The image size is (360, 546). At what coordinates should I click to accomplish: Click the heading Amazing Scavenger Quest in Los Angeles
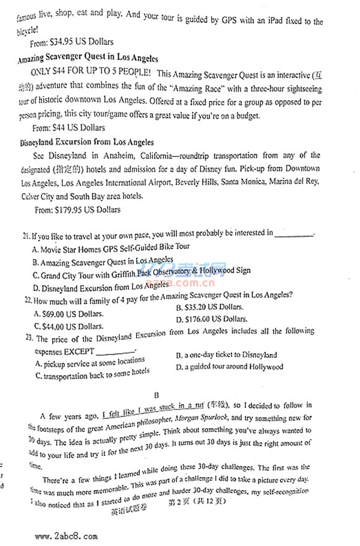pyautogui.click(x=88, y=59)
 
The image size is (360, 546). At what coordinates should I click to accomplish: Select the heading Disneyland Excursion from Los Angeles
pyautogui.click(x=86, y=143)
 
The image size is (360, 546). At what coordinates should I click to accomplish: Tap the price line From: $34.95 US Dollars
pyautogui.click(x=72, y=42)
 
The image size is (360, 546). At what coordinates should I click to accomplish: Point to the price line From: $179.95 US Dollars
pyautogui.click(x=77, y=210)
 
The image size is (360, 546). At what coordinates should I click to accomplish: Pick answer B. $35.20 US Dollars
pyautogui.click(x=211, y=307)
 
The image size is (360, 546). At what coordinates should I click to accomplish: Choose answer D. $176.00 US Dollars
pyautogui.click(x=212, y=319)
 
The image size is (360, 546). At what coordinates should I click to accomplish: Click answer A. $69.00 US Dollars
pyautogui.click(x=68, y=313)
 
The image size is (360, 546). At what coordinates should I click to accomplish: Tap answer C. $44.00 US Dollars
pyautogui.click(x=68, y=326)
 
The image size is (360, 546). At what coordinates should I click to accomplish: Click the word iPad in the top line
pyautogui.click(x=268, y=22)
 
